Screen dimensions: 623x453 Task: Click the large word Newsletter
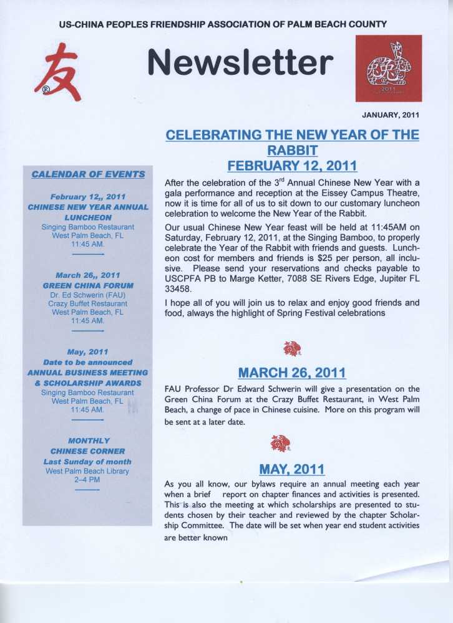pos(240,62)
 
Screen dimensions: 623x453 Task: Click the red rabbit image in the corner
pos(388,68)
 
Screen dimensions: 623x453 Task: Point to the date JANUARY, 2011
pos(391,115)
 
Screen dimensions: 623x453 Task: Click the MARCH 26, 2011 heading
pos(292,373)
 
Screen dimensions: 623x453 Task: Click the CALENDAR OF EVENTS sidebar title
pos(88,174)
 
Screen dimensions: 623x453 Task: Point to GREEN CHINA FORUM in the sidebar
pos(88,285)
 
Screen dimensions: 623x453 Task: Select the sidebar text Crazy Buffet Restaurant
pos(88,303)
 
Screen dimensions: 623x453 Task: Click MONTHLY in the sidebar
pos(88,440)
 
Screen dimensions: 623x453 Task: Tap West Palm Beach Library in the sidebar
pos(88,471)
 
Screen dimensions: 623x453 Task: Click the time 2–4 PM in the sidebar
pos(88,480)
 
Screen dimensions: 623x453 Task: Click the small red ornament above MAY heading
pos(280,444)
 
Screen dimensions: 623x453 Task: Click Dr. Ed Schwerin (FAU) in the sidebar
pos(88,294)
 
